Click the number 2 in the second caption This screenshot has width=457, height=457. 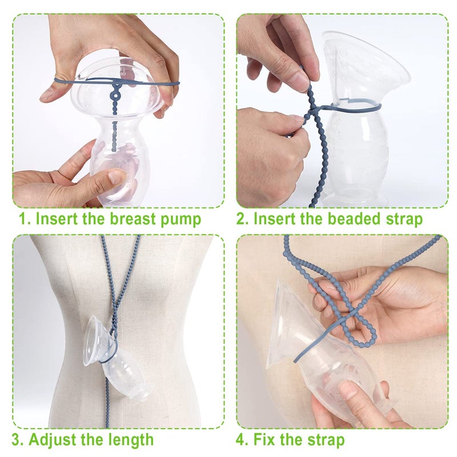(x=241, y=219)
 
